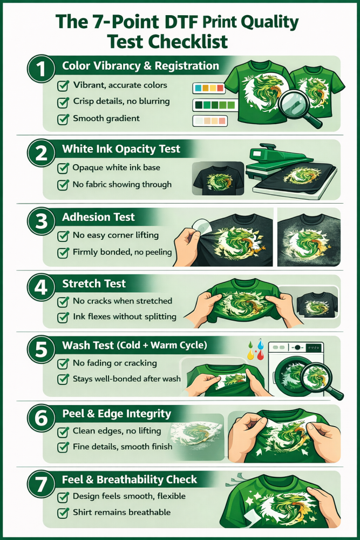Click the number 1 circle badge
click(x=41, y=69)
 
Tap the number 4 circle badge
click(x=41, y=287)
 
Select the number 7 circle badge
click(x=41, y=484)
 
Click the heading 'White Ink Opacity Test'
click(x=121, y=149)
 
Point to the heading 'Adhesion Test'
click(x=98, y=217)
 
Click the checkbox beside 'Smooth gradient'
click(x=63, y=119)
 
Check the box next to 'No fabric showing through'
click(x=63, y=185)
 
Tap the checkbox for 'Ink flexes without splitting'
click(x=63, y=317)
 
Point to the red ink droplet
click(x=261, y=355)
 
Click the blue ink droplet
click(x=261, y=343)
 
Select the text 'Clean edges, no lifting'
click(x=117, y=431)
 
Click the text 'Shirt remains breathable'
click(x=122, y=512)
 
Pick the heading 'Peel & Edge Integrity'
click(x=117, y=414)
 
